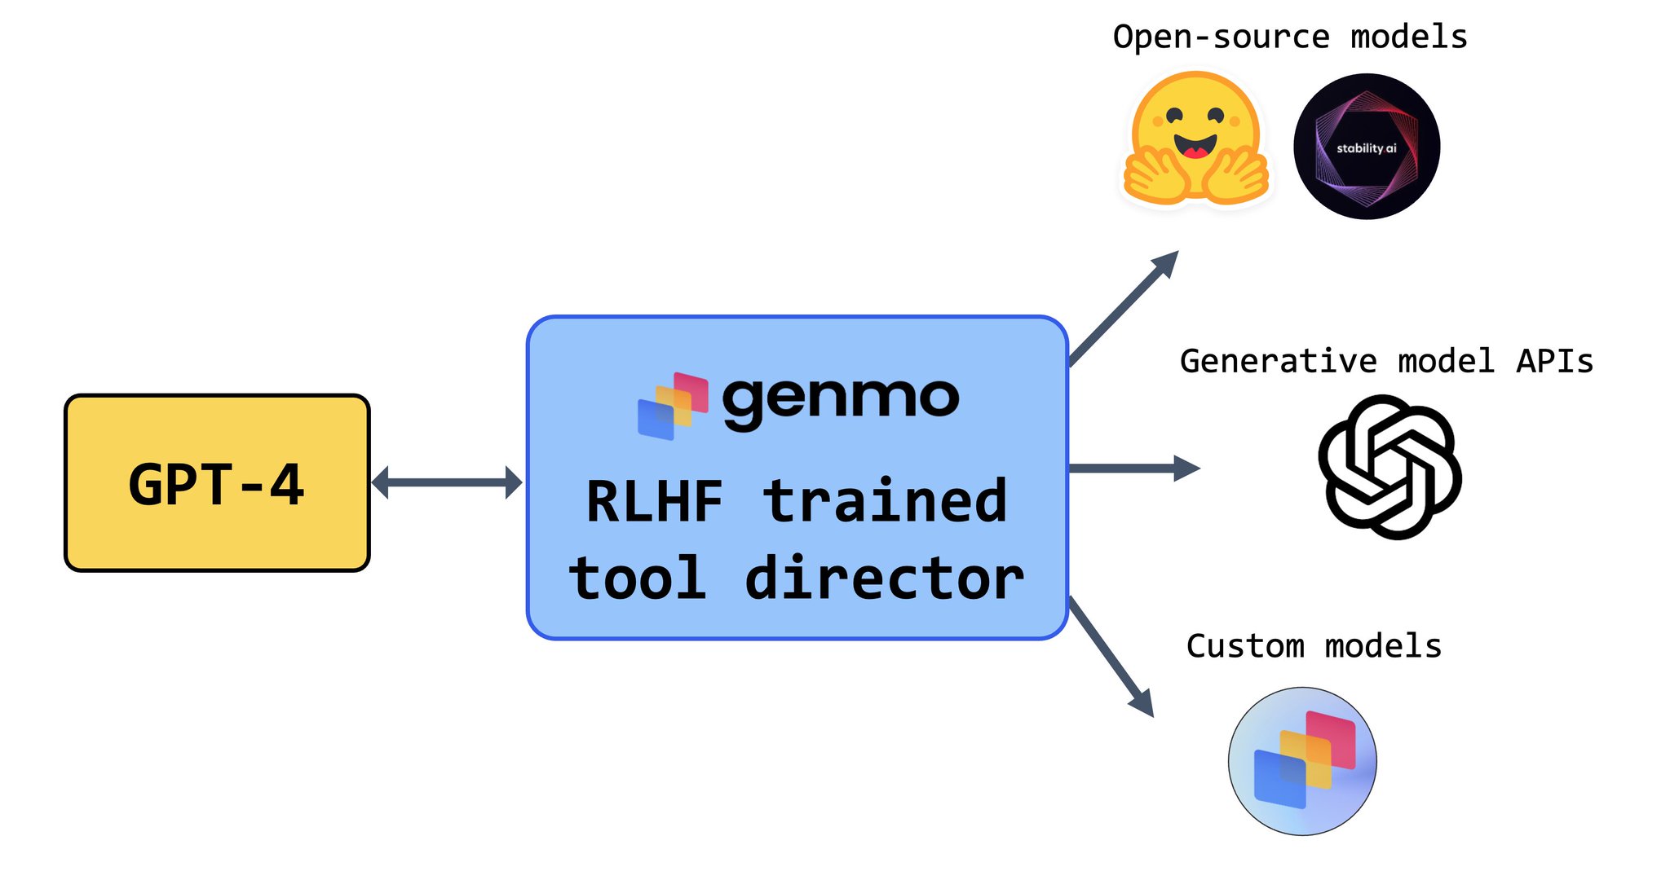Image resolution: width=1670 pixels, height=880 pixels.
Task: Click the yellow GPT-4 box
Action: [217, 483]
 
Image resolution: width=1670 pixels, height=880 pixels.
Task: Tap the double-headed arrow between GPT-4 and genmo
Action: [446, 482]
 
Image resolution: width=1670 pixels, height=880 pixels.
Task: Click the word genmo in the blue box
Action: [840, 400]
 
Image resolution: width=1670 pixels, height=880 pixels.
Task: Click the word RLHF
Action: [655, 502]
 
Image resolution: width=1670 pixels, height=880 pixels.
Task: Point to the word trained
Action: [886, 500]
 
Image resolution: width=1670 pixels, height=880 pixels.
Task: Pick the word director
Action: [884, 579]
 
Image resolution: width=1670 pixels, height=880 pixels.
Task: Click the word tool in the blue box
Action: [638, 579]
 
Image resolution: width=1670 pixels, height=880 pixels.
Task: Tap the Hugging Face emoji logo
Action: [1195, 139]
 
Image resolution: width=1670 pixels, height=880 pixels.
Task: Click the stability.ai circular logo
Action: [1367, 147]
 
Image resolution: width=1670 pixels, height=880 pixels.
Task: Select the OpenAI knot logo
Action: [1389, 467]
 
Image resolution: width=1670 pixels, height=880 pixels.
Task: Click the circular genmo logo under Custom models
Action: [1302, 761]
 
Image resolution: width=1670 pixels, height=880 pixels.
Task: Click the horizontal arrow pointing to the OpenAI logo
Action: [1133, 469]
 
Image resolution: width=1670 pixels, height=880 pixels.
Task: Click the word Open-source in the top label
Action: [1221, 37]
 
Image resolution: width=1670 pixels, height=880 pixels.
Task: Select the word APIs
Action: [1554, 361]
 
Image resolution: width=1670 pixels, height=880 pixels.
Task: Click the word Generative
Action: [1278, 361]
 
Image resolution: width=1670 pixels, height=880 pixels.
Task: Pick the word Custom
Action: [1245, 646]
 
